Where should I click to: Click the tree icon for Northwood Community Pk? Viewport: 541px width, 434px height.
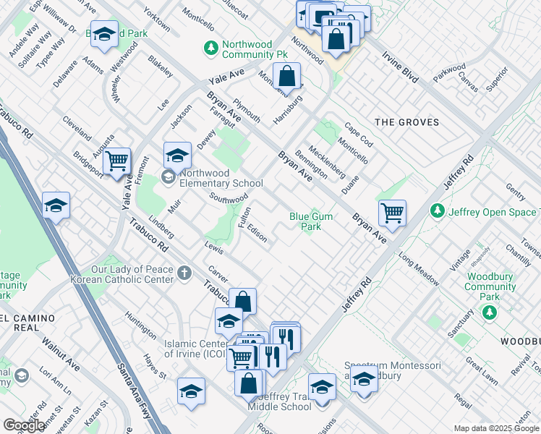click(210, 48)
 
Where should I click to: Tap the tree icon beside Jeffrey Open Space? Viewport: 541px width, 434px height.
click(437, 210)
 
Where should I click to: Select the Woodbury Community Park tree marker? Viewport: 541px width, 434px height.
click(490, 312)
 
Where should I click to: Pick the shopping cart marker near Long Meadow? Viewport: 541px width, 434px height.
click(392, 212)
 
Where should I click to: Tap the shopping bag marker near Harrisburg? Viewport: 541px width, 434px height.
click(287, 76)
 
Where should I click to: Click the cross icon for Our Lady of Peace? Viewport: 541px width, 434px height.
click(184, 273)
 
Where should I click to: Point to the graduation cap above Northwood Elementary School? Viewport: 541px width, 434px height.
click(177, 155)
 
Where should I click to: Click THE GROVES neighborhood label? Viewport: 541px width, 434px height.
click(409, 122)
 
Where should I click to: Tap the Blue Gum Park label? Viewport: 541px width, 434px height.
click(311, 221)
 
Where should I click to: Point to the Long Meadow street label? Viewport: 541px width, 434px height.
click(417, 267)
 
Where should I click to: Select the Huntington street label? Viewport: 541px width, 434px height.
click(140, 325)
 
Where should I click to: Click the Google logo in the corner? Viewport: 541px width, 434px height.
click(24, 425)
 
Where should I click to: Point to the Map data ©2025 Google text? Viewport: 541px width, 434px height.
click(496, 428)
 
